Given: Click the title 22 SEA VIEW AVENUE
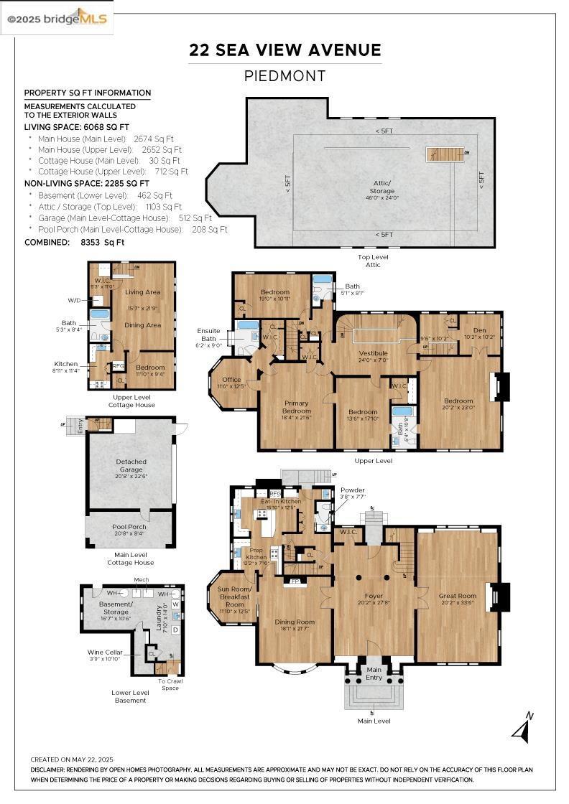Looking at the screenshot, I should [x=284, y=50].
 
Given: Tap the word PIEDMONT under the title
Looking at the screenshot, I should [x=284, y=76].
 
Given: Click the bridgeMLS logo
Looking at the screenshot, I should [x=57, y=18].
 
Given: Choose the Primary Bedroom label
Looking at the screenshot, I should [x=296, y=406].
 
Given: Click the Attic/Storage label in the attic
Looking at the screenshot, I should [x=382, y=187].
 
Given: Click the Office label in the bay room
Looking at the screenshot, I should [x=231, y=380].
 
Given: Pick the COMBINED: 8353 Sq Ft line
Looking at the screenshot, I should [x=74, y=242].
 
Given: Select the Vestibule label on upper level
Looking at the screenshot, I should [x=373, y=353].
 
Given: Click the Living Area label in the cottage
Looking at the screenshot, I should [x=142, y=292].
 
